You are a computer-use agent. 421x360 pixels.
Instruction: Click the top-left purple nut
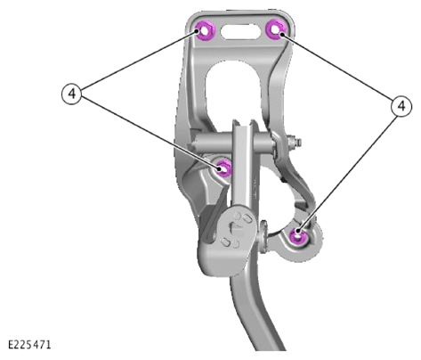tap(204, 31)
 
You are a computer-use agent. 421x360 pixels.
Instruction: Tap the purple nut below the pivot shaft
tap(223, 168)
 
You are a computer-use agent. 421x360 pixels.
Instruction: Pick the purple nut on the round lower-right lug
tap(298, 235)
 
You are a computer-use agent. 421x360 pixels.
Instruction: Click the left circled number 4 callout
tap(71, 94)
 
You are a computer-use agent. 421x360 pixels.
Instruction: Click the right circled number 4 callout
tap(401, 106)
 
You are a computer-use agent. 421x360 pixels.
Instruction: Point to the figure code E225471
tap(29, 345)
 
